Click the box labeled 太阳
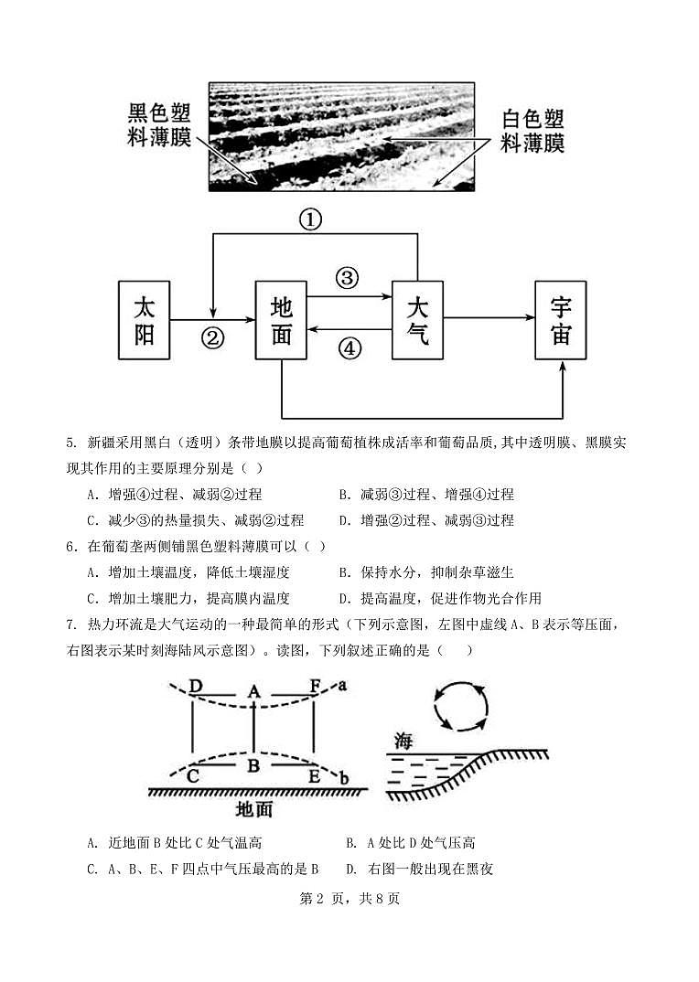click(145, 320)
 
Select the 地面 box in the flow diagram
click(281, 320)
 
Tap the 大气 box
click(417, 319)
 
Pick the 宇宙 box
click(561, 320)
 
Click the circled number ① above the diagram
click(312, 219)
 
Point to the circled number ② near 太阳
click(212, 338)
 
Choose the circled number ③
click(348, 278)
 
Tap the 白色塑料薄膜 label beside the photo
click(532, 132)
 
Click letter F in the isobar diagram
click(316, 685)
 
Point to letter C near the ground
click(193, 776)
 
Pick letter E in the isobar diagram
click(314, 776)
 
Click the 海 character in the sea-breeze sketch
click(403, 741)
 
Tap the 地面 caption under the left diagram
click(253, 809)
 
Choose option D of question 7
click(420, 869)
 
